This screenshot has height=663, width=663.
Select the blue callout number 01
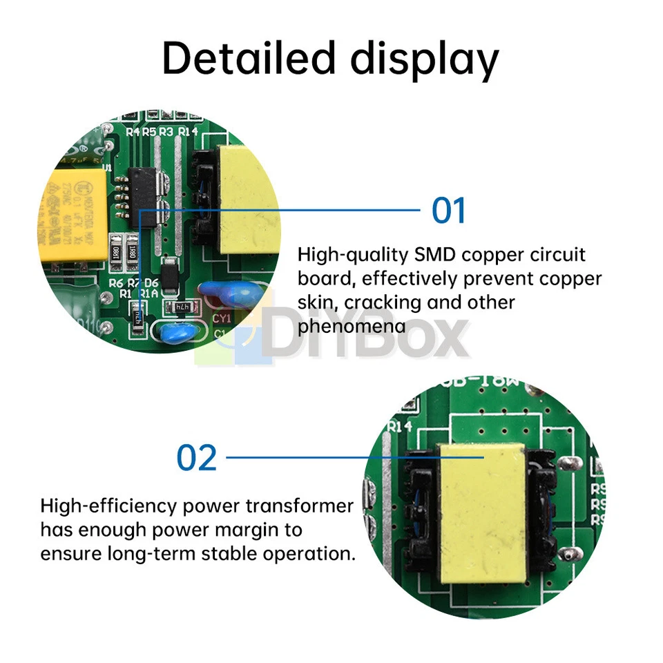coord(449,210)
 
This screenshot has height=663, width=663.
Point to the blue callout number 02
coord(197,457)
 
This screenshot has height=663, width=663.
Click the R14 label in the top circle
coord(188,131)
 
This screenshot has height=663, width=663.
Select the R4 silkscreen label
coord(133,131)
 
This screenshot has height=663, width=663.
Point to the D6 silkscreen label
coord(152,283)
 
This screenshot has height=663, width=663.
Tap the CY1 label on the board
coord(221,318)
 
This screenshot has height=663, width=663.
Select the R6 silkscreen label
coord(115,283)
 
